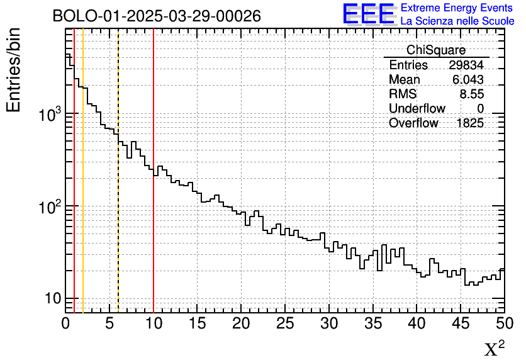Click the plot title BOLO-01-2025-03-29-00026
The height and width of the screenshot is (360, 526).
[157, 16]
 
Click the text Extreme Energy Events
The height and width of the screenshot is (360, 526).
[457, 8]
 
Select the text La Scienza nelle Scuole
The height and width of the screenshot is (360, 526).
[457, 21]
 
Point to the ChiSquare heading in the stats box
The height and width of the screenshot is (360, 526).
[436, 50]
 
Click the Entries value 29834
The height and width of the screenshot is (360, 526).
[466, 65]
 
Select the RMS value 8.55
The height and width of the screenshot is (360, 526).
[472, 94]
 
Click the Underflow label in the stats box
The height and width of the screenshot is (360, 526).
[417, 109]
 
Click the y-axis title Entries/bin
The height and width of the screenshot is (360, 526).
[14, 70]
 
